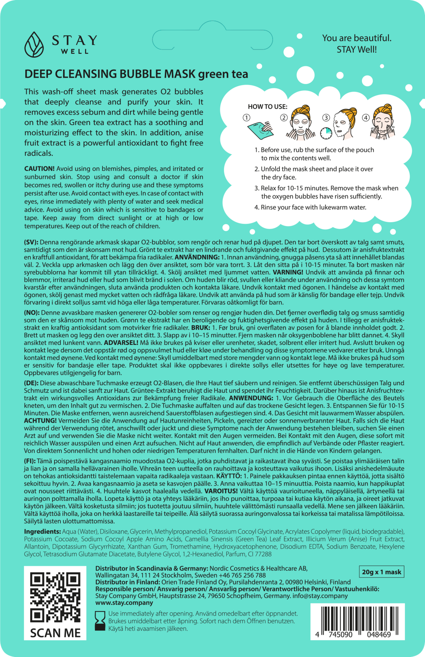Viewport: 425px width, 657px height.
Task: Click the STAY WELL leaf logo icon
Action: point(34,44)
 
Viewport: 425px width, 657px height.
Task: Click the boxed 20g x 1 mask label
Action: point(381,572)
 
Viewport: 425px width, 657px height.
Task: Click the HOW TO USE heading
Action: point(267,107)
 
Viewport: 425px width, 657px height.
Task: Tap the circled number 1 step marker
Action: point(246,118)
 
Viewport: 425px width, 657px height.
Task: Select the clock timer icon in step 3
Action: point(326,133)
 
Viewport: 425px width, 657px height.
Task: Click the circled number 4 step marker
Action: point(366,118)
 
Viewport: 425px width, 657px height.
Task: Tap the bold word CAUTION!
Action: point(39,169)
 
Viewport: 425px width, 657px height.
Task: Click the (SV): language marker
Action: point(32,242)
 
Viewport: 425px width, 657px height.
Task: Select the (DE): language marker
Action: point(32,383)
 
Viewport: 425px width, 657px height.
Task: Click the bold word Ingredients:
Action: point(42,531)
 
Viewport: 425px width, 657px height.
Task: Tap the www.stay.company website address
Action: point(124,603)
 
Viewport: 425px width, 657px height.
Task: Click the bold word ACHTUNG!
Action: point(40,421)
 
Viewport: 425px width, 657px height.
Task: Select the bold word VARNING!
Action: point(287,272)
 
